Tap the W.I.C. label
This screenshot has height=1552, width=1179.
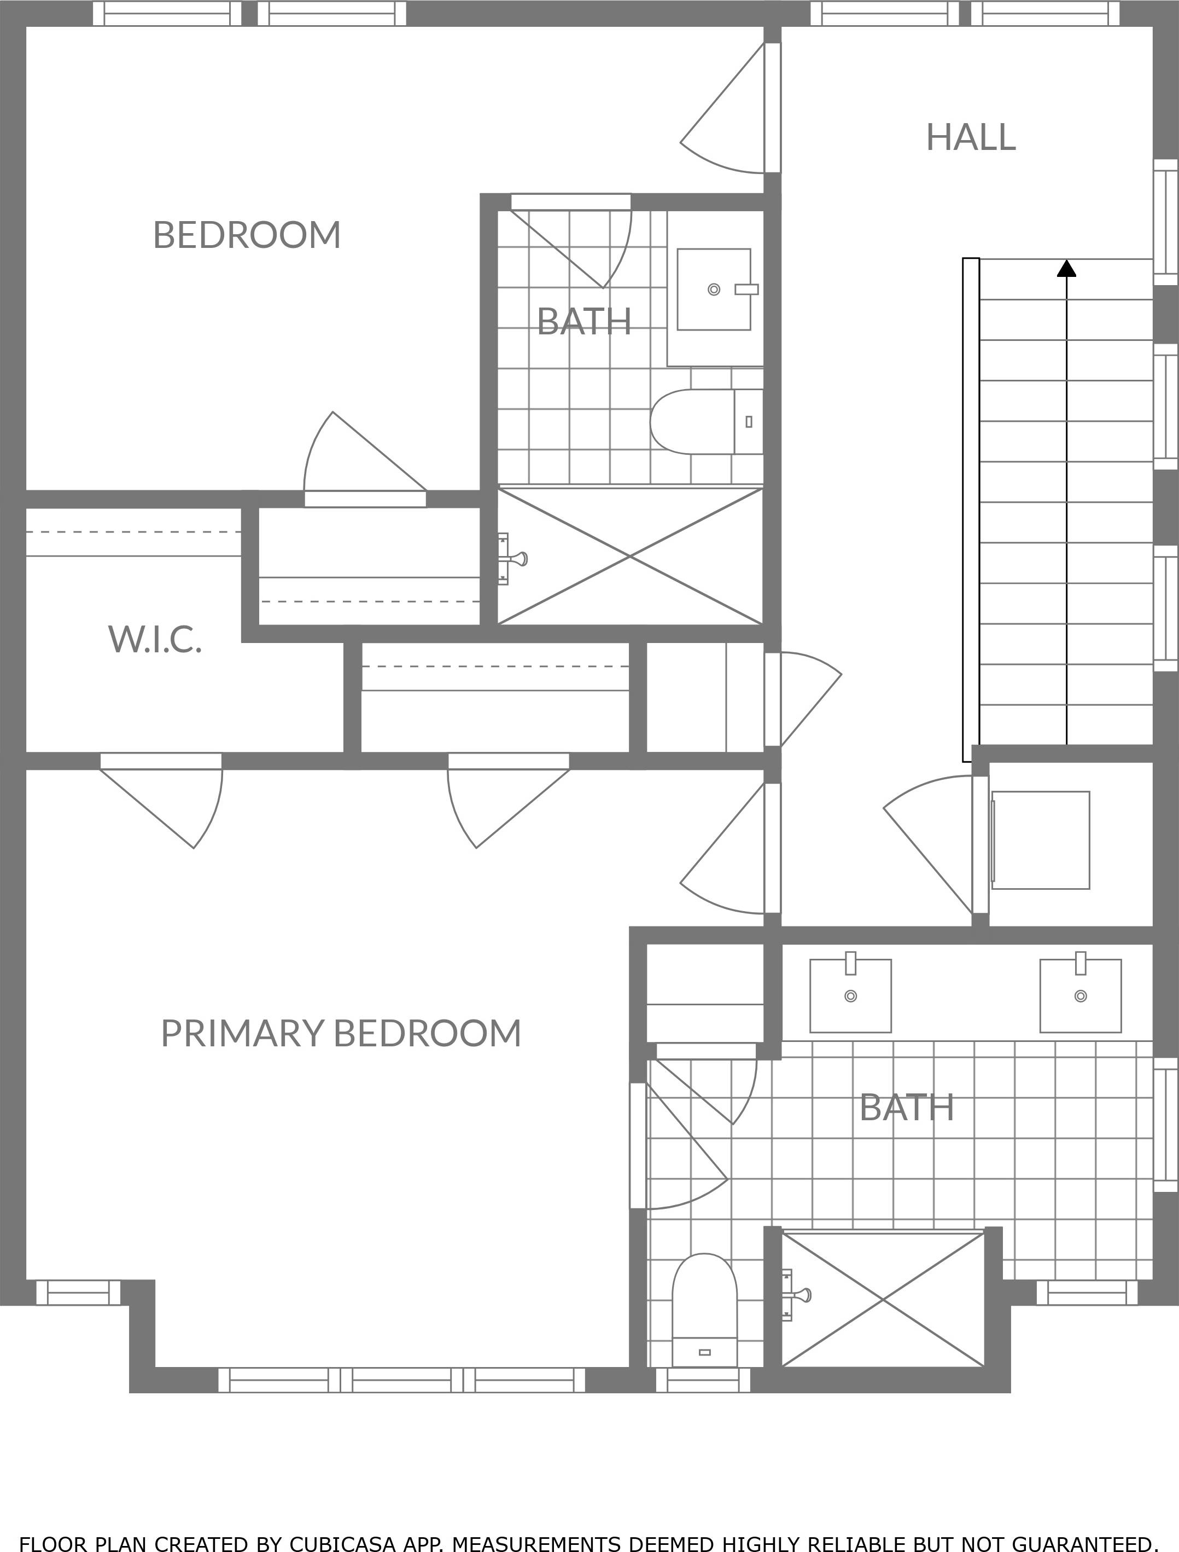click(155, 639)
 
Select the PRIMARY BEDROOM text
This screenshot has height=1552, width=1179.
click(341, 1033)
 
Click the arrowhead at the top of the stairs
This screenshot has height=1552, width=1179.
click(1067, 268)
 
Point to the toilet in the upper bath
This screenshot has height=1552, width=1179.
click(706, 421)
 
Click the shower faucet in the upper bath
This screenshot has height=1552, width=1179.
click(512, 559)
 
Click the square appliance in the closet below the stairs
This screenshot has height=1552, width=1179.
click(1040, 841)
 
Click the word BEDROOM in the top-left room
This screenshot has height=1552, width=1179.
click(247, 235)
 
